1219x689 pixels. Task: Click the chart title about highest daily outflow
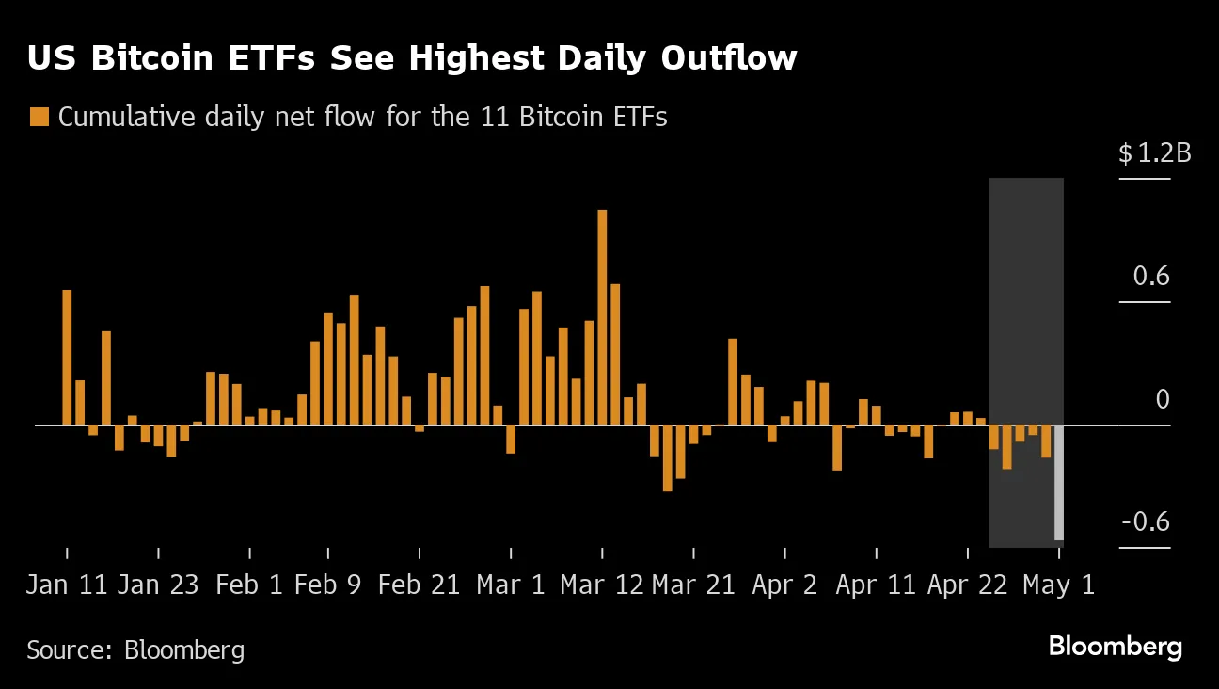pos(412,58)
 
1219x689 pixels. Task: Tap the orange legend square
pos(40,118)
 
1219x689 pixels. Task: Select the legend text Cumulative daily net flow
pos(362,118)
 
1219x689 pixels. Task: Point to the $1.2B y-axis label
pos(1154,153)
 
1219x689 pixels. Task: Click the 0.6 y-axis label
pos(1152,277)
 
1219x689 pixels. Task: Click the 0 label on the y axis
pos(1163,399)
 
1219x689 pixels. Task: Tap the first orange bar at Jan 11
pos(67,358)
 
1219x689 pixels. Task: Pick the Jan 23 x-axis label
pos(158,585)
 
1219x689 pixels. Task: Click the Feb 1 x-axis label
pos(248,585)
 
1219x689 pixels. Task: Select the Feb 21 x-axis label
pos(419,585)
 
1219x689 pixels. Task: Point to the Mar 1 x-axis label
pos(511,585)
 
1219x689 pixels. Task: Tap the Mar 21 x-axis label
pos(693,585)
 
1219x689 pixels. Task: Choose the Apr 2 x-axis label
pos(784,585)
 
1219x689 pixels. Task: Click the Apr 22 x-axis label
pos(968,585)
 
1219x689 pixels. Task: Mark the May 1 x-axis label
pos(1058,585)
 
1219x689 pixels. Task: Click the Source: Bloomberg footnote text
pos(135,649)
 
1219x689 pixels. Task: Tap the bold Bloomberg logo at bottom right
pos(1115,648)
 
